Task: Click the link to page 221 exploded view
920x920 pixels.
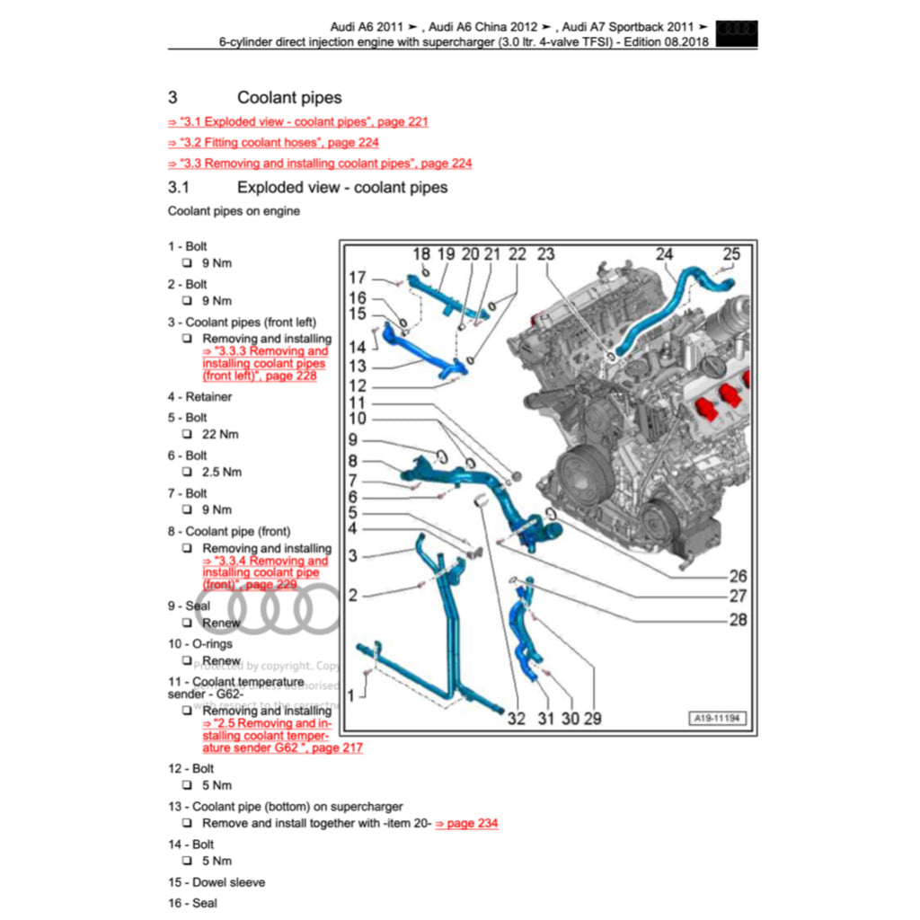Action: click(298, 121)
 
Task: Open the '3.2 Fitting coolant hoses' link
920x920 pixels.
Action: click(273, 142)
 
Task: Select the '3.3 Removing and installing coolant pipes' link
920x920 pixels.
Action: click(320, 163)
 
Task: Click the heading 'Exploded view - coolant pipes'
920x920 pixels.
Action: click(341, 187)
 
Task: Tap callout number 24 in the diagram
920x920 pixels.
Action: click(664, 254)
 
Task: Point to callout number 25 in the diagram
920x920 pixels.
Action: click(731, 254)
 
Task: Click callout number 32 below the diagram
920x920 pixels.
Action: click(516, 718)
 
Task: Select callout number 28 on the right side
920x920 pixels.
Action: click(738, 619)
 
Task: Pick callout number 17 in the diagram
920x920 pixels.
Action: click(358, 278)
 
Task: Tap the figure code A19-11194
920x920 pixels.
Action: click(717, 718)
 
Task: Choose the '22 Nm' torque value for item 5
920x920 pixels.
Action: click(221, 434)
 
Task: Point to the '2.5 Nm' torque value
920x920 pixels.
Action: click(222, 472)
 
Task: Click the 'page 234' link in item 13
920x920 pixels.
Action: click(466, 823)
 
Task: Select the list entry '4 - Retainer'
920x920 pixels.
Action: click(199, 396)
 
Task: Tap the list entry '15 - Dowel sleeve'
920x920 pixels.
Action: click(217, 882)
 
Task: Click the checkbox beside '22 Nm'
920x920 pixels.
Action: click(186, 434)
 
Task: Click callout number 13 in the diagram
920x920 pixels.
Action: click(358, 367)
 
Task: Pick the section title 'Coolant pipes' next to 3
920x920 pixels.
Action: click(289, 97)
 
